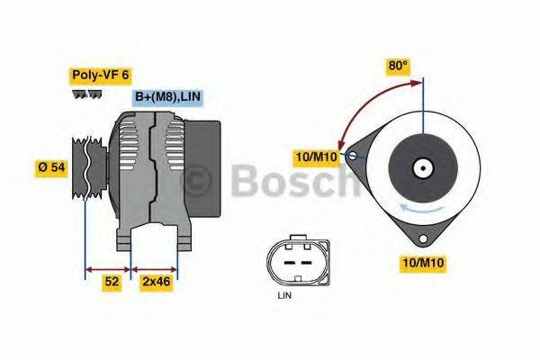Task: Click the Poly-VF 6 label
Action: click(x=100, y=76)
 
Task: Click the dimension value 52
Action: click(x=112, y=282)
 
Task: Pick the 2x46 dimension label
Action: click(x=156, y=282)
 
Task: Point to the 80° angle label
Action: click(x=398, y=66)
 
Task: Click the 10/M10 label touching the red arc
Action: click(x=317, y=158)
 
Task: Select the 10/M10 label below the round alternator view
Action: click(x=422, y=263)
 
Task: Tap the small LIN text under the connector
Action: click(x=285, y=294)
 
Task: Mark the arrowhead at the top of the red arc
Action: click(x=418, y=84)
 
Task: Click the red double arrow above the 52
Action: click(x=107, y=268)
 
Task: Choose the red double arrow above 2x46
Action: click(x=155, y=268)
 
